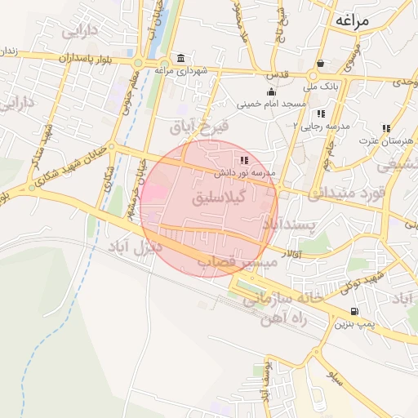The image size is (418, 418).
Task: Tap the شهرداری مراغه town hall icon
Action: tap(179, 60)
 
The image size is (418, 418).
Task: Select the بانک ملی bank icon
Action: tap(321, 63)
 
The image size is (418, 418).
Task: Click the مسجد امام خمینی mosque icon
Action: tap(271, 91)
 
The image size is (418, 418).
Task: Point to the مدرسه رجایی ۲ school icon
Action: tap(321, 113)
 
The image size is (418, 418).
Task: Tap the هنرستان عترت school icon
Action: tap(385, 128)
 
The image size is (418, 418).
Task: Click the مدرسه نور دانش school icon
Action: tap(244, 160)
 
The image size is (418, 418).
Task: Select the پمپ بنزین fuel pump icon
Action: tap(354, 311)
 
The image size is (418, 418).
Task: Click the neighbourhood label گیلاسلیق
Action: tap(219, 198)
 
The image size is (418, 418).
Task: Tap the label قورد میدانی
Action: tap(344, 193)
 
